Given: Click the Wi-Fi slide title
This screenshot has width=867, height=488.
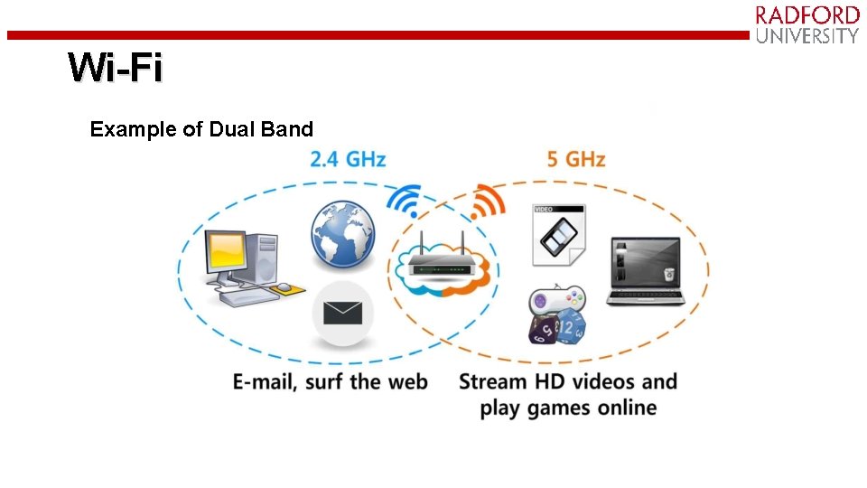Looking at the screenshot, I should pyautogui.click(x=116, y=68).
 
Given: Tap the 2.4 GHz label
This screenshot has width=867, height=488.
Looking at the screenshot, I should pyautogui.click(x=348, y=160).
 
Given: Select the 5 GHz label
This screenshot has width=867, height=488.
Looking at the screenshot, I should pyautogui.click(x=575, y=160).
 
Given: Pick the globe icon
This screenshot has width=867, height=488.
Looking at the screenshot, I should pyautogui.click(x=341, y=236).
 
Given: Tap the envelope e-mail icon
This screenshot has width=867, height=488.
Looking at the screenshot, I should pyautogui.click(x=342, y=314).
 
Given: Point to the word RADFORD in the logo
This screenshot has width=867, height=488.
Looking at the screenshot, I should pyautogui.click(x=807, y=15).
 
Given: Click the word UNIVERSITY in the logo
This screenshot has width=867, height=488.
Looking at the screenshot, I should pyautogui.click(x=807, y=36).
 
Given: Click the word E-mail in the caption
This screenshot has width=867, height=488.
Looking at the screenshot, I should pyautogui.click(x=264, y=381).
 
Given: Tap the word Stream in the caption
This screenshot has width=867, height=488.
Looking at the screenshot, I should pyautogui.click(x=493, y=381).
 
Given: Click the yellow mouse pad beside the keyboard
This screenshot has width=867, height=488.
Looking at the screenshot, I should pyautogui.click(x=287, y=289).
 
